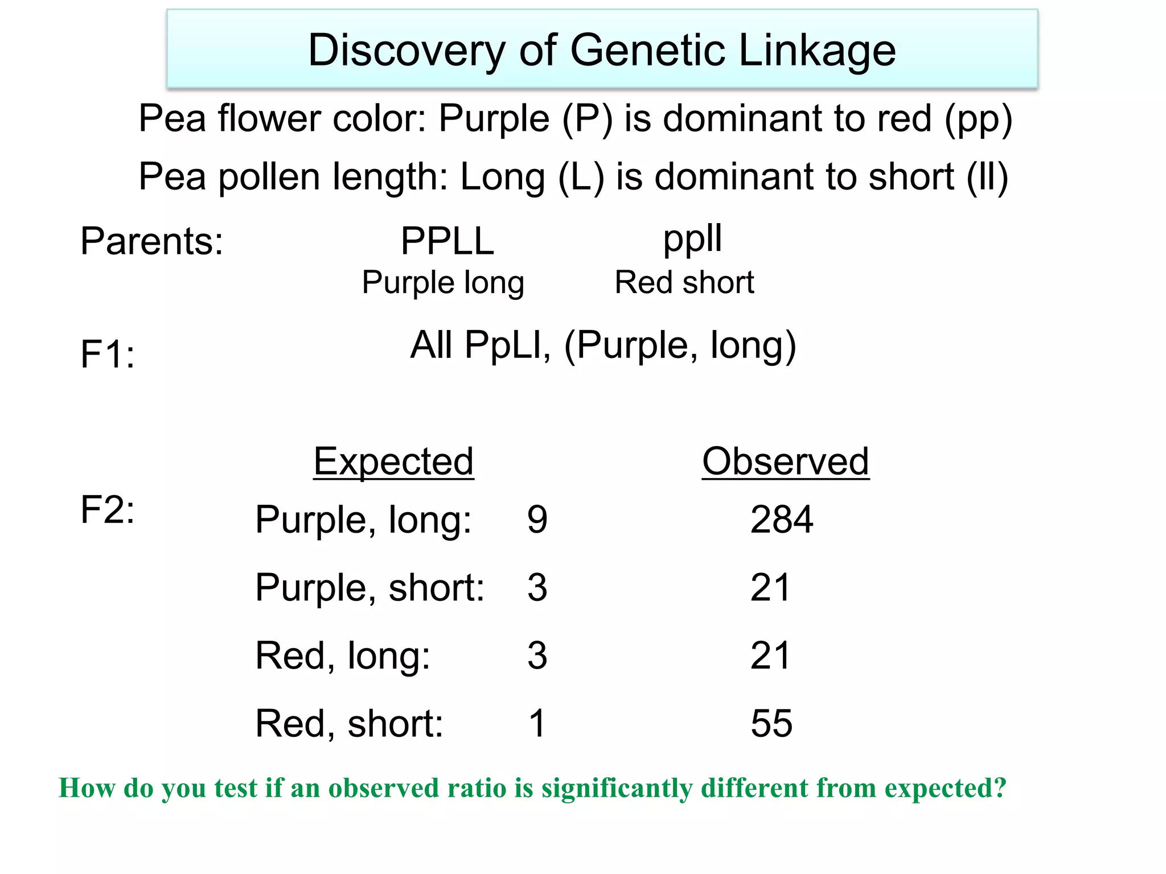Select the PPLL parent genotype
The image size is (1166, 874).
tap(447, 241)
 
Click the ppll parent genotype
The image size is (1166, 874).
tap(692, 238)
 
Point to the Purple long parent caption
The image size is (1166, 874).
tap(443, 283)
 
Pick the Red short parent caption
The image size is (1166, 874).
tap(684, 282)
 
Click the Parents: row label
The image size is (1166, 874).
tap(151, 241)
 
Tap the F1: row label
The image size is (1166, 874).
tap(108, 354)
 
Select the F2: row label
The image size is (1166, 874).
tap(108, 509)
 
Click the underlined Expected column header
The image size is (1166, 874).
tap(393, 461)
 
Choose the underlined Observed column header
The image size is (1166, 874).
tap(785, 461)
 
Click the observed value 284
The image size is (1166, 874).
tap(782, 520)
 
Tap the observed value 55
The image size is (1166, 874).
tap(771, 724)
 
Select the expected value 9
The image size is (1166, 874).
tap(537, 520)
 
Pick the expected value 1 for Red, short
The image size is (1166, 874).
tap(537, 724)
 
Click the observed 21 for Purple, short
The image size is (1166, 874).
tap(770, 588)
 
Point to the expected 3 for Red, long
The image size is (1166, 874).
tap(537, 655)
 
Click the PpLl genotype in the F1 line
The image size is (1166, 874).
tap(507, 345)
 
